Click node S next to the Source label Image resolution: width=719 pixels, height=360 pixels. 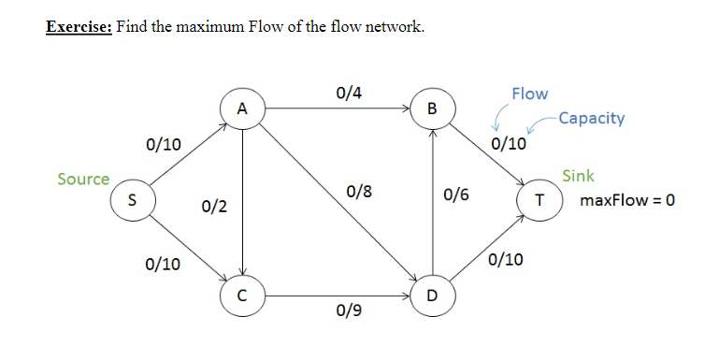point(132,199)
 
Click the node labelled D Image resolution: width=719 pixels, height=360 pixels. point(431,296)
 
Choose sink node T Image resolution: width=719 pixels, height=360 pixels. point(539,199)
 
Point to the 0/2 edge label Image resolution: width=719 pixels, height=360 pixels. point(214,205)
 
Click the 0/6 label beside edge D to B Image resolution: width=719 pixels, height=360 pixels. point(457,195)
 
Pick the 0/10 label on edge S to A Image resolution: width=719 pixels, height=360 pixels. point(164,144)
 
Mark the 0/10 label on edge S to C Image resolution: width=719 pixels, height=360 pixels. point(164,265)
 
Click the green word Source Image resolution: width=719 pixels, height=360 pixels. point(83,179)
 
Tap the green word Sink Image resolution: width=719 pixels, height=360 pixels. point(578,176)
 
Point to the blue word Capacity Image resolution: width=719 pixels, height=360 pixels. point(590,119)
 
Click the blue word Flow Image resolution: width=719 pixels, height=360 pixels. point(530,94)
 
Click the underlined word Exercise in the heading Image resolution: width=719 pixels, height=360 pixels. point(79,26)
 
